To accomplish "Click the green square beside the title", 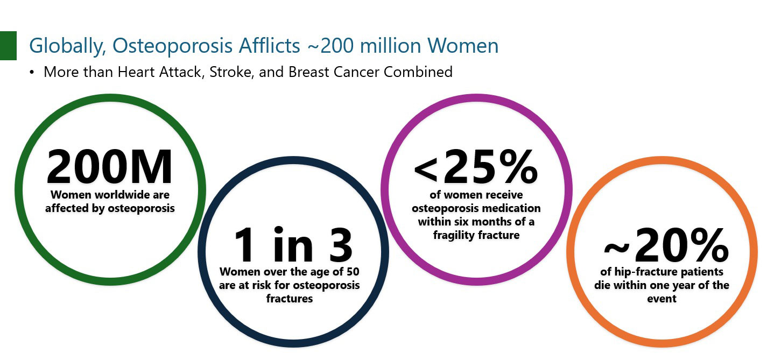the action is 8,46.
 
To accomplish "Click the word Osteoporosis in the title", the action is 172,46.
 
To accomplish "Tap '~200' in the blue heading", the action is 330,46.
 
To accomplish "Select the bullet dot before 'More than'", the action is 32,72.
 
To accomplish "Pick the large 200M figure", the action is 109,167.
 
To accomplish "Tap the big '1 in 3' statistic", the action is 293,244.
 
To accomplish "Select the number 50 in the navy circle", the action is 353,272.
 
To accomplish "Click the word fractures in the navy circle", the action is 290,299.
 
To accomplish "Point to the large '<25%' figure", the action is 476,167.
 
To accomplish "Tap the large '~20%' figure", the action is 666,245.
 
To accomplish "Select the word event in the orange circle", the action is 662,299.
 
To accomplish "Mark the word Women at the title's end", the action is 463,46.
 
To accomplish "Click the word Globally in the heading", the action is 68,46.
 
